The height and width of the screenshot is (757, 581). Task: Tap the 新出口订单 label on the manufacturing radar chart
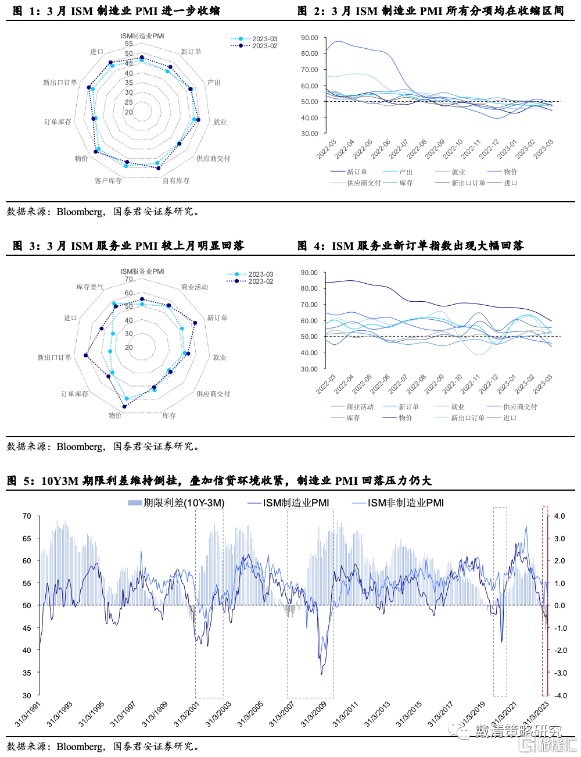(x=60, y=83)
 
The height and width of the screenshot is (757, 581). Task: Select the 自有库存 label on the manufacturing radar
(x=176, y=181)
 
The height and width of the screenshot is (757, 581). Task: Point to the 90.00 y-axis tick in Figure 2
(x=310, y=38)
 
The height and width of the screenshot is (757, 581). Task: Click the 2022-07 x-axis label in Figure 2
(x=399, y=149)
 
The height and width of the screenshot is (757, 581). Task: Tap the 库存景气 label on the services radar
(x=89, y=287)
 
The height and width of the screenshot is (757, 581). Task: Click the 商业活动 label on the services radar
(x=194, y=287)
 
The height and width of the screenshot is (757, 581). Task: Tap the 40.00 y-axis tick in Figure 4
(x=309, y=353)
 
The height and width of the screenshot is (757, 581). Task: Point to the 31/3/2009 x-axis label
(x=314, y=714)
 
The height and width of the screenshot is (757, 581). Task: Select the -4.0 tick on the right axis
(x=560, y=695)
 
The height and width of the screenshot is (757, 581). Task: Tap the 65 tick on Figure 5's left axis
(x=27, y=538)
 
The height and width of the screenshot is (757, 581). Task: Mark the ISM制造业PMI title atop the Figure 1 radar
(x=142, y=36)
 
